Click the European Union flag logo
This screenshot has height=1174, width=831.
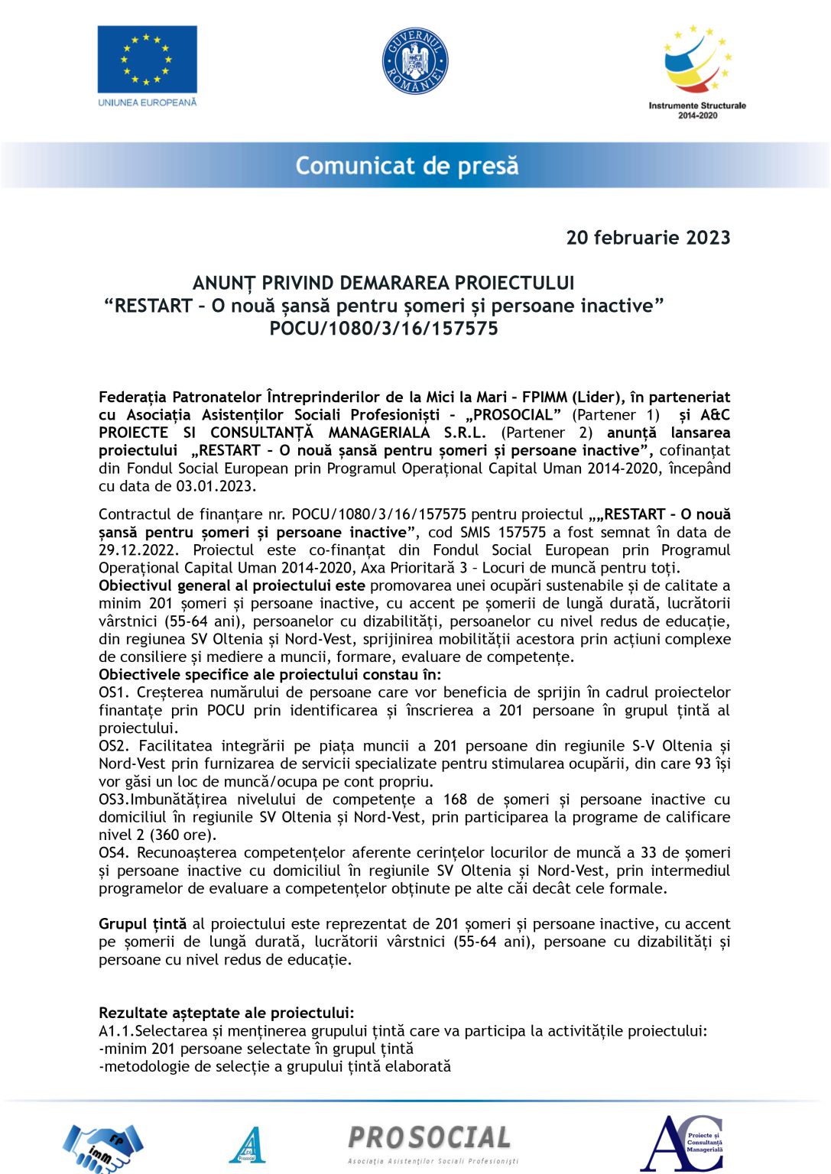pos(147,60)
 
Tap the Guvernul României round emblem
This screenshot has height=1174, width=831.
pos(415,62)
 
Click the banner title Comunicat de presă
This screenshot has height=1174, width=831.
pos(407,166)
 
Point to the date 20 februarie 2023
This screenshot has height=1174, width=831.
pos(648,238)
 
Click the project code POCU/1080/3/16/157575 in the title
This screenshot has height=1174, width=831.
pos(384,329)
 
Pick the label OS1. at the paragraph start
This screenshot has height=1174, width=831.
pos(114,692)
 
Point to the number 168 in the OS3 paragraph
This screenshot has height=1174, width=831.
pos(455,799)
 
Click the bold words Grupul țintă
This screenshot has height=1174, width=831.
pos(142,924)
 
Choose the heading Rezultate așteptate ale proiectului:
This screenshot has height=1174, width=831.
pos(226,1013)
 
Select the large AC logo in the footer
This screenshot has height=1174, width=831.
pos(681,1143)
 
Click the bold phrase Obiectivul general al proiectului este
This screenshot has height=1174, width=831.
pos(232,586)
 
